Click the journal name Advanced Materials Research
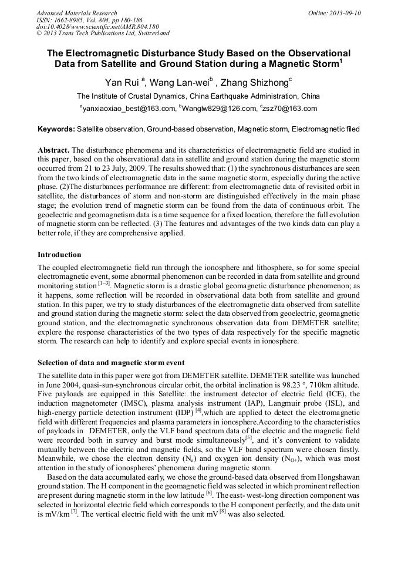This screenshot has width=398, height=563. coord(76,13)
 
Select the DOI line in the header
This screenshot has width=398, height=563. coord(97,26)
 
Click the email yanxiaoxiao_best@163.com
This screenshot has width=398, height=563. coord(129,109)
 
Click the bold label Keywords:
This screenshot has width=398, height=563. coord(56,129)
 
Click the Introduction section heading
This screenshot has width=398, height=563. coord(59,255)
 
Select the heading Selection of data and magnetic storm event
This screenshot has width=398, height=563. coord(111,362)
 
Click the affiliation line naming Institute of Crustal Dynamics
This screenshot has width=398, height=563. coord(198,96)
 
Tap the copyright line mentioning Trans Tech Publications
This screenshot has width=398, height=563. coord(103,33)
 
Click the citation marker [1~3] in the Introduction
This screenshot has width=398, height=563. coord(103,284)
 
